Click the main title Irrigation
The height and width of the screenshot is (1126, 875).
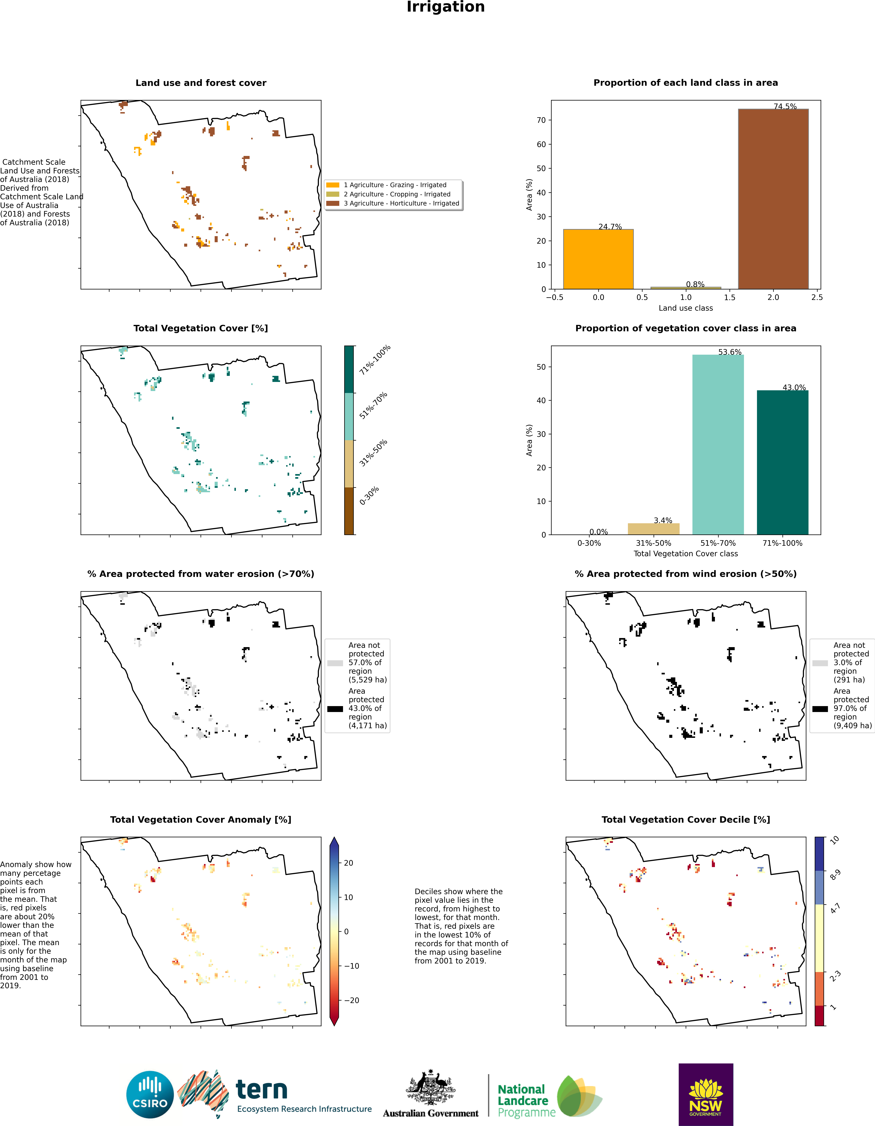[446, 7]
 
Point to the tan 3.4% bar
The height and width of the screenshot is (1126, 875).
[653, 529]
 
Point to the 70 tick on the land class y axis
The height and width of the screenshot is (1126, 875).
[541, 120]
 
